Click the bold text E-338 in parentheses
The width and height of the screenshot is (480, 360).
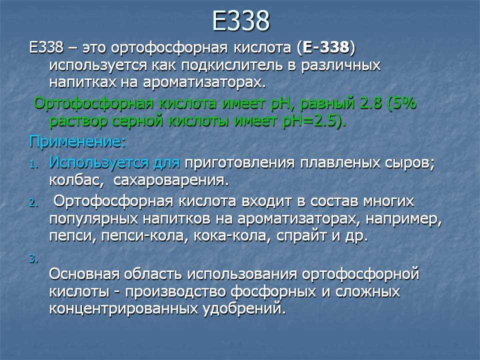[325, 47]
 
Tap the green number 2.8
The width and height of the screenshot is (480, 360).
[371, 103]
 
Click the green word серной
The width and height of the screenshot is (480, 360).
[138, 121]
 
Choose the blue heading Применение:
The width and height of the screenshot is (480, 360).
[77, 142]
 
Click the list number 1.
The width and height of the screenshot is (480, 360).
[33, 165]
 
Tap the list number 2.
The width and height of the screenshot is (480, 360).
[33, 203]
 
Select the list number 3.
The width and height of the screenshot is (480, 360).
[33, 259]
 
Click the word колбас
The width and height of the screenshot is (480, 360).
[74, 180]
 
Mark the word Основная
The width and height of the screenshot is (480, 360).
[84, 273]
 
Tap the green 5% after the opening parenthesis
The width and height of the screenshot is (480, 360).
[404, 103]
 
